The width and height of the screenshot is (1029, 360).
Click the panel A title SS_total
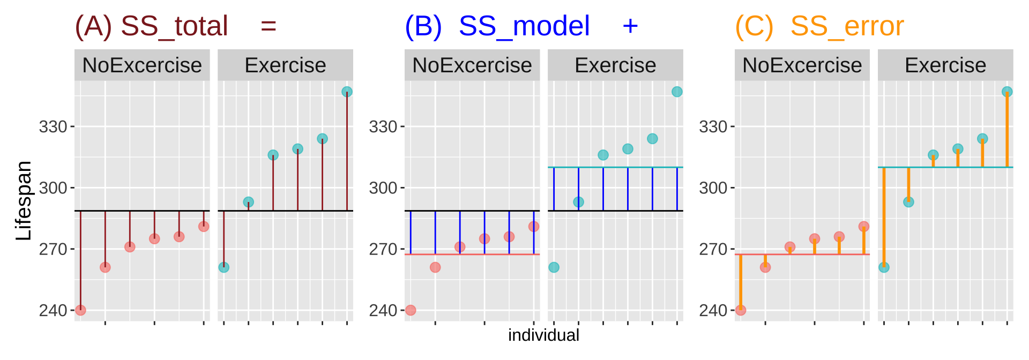pyautogui.click(x=174, y=26)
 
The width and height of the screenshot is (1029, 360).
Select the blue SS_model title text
pyautogui.click(x=524, y=26)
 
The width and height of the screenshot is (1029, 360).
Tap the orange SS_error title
pyautogui.click(x=847, y=26)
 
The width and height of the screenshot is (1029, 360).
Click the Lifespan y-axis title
pyautogui.click(x=24, y=200)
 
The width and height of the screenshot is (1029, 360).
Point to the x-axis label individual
pyautogui.click(x=543, y=335)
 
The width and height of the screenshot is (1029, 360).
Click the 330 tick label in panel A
pyautogui.click(x=53, y=127)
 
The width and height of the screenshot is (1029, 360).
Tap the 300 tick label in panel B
pyautogui.click(x=383, y=188)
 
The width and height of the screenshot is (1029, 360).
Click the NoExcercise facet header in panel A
pyautogui.click(x=142, y=65)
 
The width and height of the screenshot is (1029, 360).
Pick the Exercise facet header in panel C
pyautogui.click(x=945, y=65)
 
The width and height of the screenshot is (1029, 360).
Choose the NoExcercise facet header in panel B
pyautogui.click(x=472, y=65)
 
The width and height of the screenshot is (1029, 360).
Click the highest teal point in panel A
pyautogui.click(x=347, y=92)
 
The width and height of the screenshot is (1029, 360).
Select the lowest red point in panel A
pyautogui.click(x=80, y=310)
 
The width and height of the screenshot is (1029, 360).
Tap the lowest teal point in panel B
pyautogui.click(x=554, y=267)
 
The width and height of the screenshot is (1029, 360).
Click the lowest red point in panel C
pyautogui.click(x=741, y=310)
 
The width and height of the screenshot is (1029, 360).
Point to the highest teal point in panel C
pyautogui.click(x=1007, y=92)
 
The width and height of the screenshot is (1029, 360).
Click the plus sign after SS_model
pyautogui.click(x=630, y=26)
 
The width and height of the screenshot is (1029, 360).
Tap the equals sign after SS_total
pyautogui.click(x=269, y=26)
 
